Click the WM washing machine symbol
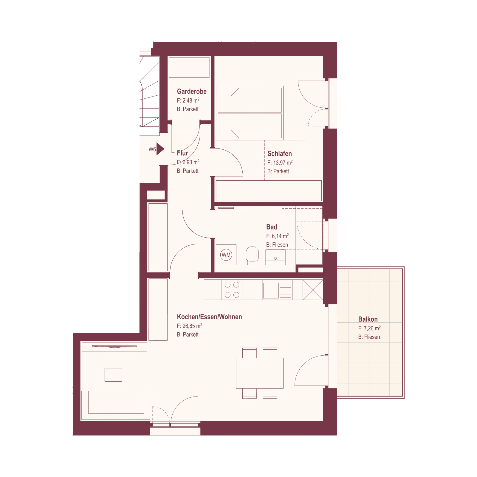point(226,255)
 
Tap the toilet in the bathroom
point(252,255)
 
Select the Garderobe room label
point(192,92)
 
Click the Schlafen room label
point(280,154)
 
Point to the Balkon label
point(368,319)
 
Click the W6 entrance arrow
point(160,149)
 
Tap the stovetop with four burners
point(232,289)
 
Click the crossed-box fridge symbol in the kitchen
point(313,289)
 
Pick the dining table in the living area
point(259,373)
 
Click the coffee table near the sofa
point(113,375)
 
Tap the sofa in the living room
point(116,405)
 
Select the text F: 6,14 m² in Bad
point(277,236)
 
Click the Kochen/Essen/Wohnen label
point(209,317)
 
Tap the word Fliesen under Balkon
point(372,337)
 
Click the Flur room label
point(182,153)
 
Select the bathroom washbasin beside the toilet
point(275,257)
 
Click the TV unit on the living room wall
point(114,346)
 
